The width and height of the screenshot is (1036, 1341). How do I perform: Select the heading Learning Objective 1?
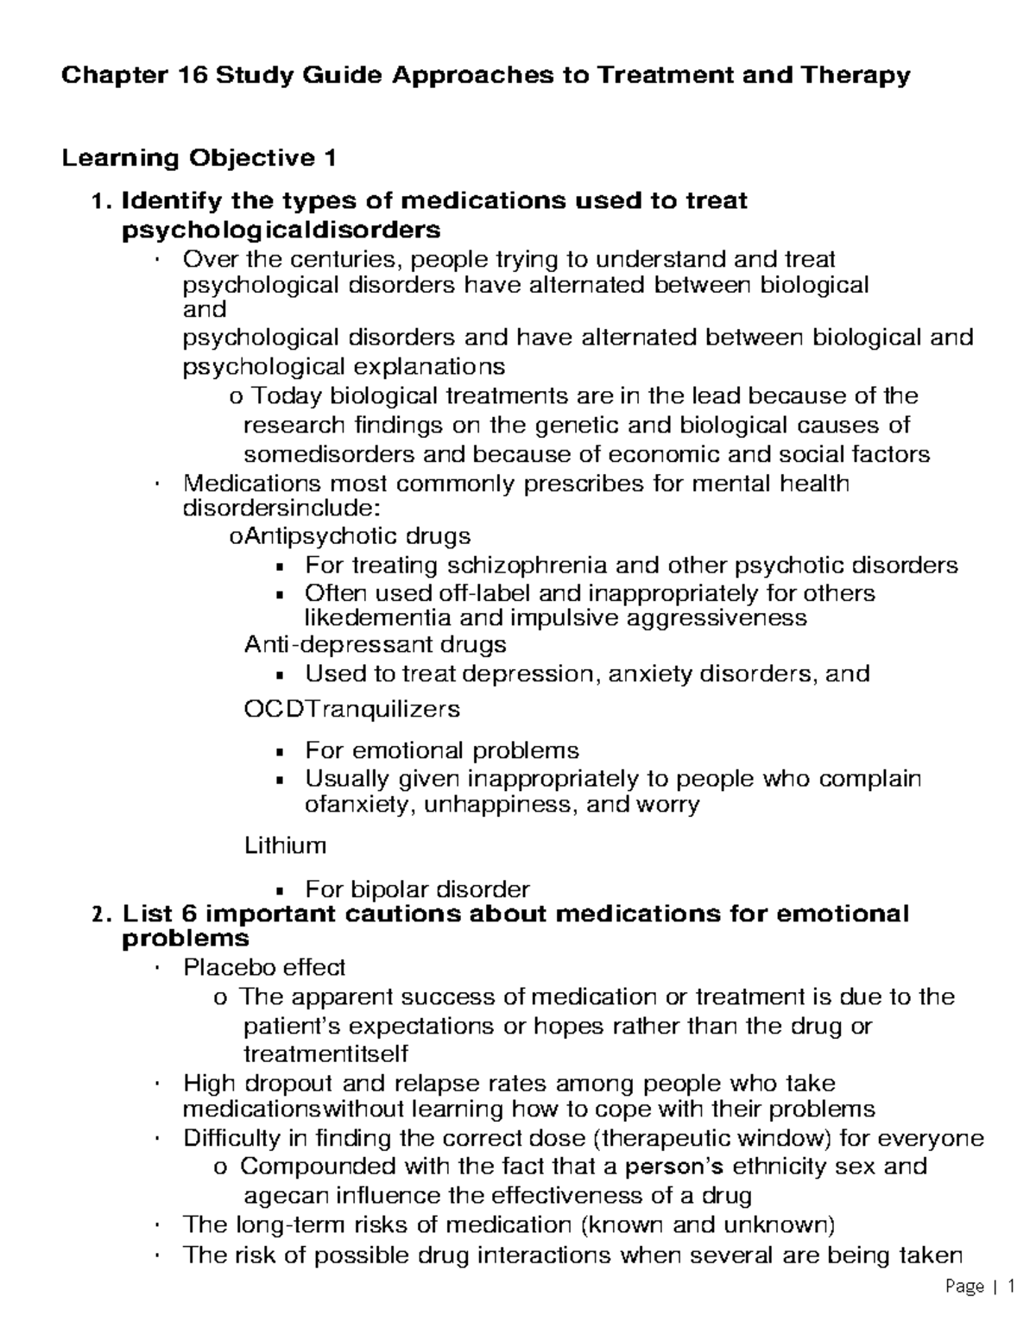(x=196, y=158)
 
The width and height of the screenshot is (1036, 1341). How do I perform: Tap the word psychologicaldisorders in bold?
(x=281, y=230)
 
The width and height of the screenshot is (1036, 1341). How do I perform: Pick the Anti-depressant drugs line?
(x=375, y=645)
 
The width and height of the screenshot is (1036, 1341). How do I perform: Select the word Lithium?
(x=285, y=844)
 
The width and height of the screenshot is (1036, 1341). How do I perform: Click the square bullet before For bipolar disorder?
(x=279, y=890)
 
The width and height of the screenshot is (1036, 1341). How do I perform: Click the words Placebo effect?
(x=264, y=966)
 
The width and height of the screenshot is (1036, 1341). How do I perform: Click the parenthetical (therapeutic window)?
(x=715, y=1138)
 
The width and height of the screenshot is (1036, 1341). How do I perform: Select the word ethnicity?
(x=795, y=1167)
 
